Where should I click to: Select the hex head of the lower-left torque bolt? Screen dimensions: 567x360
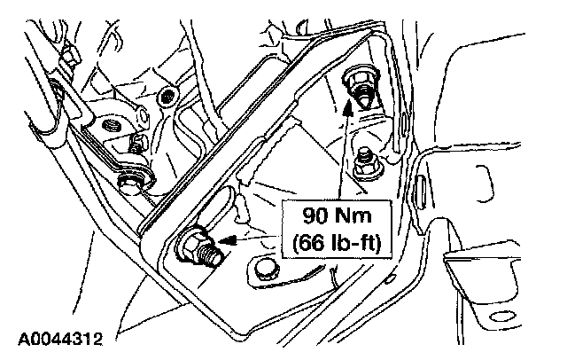pos(192,244)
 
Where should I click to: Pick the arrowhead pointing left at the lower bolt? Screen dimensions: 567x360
pos(223,239)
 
